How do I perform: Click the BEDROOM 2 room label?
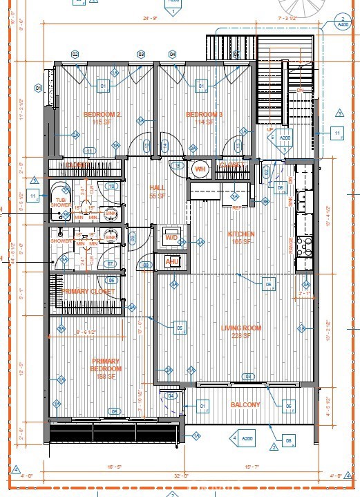click(x=102, y=114)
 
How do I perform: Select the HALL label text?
click(x=156, y=188)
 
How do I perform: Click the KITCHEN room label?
click(x=241, y=234)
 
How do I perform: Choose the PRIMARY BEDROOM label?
click(x=106, y=365)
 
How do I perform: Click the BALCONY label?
click(x=245, y=405)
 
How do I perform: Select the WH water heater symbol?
click(x=200, y=169)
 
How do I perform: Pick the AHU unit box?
click(x=172, y=261)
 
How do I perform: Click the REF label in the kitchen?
click(x=238, y=207)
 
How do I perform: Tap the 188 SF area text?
click(x=106, y=377)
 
